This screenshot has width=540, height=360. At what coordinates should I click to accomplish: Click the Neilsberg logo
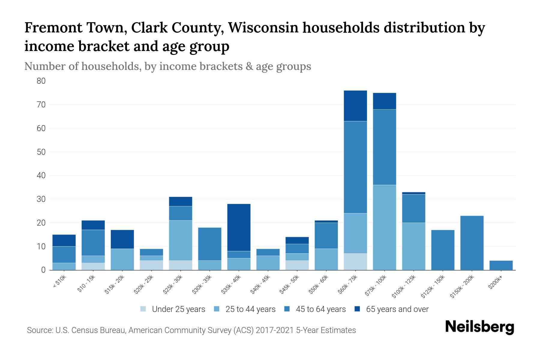pos(479,327)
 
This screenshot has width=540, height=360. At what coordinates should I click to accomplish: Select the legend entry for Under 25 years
pos(178,309)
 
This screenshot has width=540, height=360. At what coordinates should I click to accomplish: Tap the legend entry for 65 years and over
pos(397,309)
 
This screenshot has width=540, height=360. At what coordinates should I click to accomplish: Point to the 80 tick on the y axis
pos(41,81)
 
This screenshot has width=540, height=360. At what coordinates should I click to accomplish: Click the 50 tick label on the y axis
pos(41,152)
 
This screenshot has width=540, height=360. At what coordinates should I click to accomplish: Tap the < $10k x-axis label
pos(59,282)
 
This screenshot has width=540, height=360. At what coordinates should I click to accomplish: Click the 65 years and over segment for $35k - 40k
pos(239,227)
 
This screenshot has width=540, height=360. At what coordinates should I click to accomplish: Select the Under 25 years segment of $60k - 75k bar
pos(355,262)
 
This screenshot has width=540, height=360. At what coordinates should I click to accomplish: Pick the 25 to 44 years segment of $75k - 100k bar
pos(384,227)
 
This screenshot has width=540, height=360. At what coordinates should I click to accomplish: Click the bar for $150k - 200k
pos(472,243)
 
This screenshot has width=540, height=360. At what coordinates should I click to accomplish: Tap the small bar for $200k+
pos(501,265)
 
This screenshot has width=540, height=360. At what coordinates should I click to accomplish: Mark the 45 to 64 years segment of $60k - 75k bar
pos(355,167)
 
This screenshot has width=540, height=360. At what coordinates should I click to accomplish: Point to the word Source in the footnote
pos(39,330)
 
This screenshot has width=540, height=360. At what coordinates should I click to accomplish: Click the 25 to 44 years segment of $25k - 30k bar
pos(181,240)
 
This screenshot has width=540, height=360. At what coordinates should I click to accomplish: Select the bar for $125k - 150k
pos(443,250)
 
